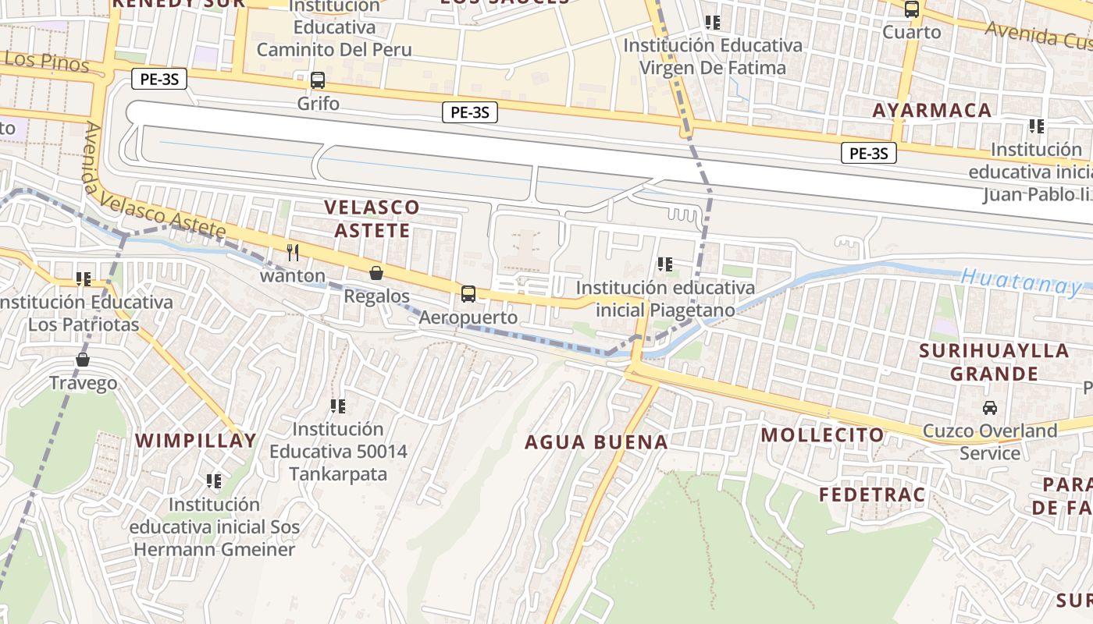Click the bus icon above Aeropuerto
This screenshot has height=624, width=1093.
468,294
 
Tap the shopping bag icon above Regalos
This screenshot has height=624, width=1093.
376,273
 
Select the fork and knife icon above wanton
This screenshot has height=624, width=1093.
293,252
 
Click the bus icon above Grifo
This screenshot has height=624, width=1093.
318,80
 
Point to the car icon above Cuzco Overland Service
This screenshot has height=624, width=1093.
990,407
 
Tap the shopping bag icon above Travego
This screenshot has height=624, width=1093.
83,360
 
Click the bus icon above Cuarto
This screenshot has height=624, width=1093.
912,9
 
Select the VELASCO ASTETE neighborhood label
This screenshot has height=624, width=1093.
372,218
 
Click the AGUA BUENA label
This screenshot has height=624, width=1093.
596,442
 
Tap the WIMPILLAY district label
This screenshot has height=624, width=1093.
196,440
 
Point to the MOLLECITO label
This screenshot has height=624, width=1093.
823,434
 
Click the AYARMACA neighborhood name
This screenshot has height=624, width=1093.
931,110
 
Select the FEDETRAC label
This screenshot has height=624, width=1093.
872,494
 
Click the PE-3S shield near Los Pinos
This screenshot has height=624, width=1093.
158,79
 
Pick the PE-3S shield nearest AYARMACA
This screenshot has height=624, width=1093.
868,153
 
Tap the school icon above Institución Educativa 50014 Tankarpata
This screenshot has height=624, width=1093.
338,406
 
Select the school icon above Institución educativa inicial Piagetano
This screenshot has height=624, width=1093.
665,264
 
